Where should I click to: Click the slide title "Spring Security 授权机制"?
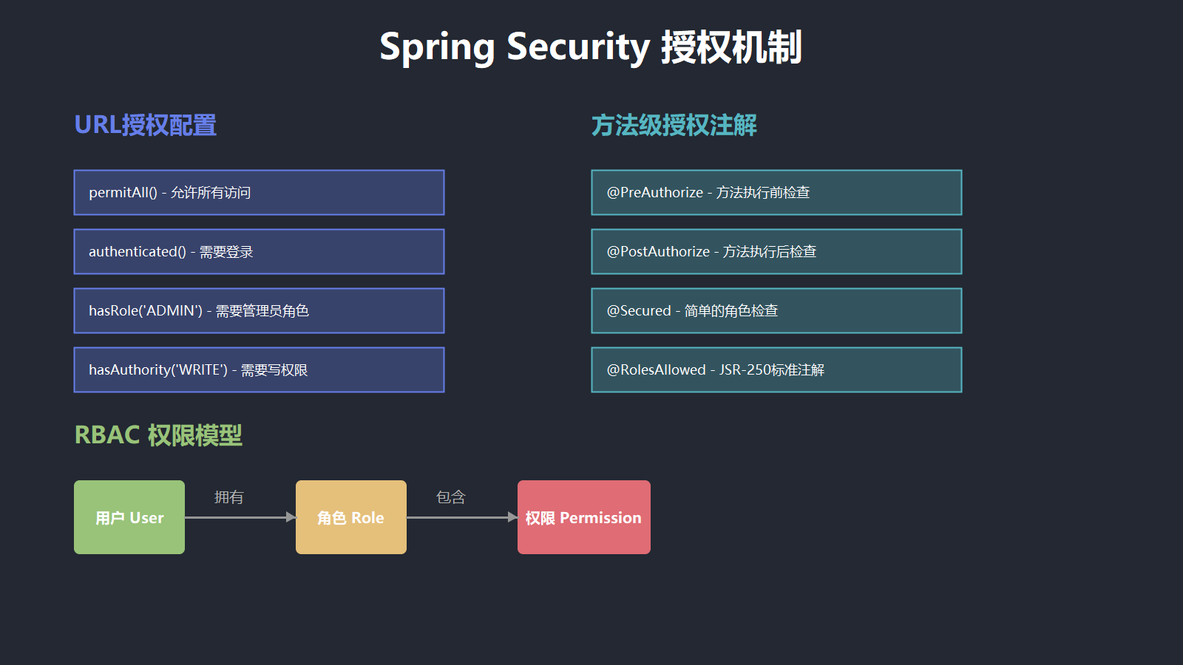591,47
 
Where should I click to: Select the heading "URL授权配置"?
146,126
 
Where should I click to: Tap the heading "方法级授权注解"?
674,126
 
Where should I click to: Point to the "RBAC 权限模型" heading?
158,435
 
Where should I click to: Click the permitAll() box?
259,193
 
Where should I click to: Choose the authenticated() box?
259,252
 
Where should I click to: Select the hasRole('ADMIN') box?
259,311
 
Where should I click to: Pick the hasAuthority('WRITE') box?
259,370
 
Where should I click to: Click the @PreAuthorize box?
776,193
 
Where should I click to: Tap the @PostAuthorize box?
776,252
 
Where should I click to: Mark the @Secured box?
776,311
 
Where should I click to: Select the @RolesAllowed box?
776,370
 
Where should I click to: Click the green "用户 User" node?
129,517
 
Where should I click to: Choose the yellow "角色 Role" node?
351,517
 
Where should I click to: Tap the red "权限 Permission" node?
584,517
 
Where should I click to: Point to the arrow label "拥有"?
229,497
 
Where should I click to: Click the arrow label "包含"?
451,497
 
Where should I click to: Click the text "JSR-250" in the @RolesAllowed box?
744,370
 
